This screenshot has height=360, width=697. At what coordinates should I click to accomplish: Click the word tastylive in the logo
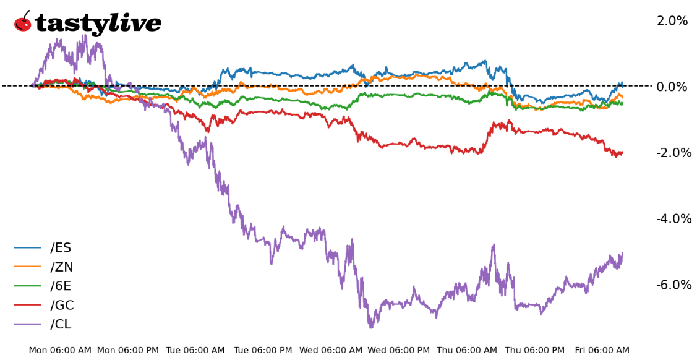click(98, 24)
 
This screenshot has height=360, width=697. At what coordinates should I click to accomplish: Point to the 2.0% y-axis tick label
click(672, 21)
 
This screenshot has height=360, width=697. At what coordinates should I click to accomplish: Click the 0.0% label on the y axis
click(672, 87)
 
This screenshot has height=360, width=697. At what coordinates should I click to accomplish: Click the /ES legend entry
click(61, 248)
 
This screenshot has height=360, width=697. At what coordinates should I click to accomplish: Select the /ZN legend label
click(61, 267)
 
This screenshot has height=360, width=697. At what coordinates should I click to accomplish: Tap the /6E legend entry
click(61, 286)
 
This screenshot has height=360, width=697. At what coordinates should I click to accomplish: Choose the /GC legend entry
click(62, 306)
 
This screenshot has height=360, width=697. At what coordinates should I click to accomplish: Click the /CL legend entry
click(61, 325)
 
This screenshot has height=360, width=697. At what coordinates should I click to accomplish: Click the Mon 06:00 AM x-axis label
click(60, 351)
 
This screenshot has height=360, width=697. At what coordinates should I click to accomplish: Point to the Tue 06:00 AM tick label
click(195, 351)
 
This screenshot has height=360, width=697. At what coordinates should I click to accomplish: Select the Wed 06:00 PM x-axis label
click(399, 351)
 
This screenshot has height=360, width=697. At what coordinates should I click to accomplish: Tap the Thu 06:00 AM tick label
click(467, 351)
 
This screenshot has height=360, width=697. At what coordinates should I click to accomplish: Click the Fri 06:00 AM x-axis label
click(602, 351)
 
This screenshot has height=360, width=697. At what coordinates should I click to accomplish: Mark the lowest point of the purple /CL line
click(370, 327)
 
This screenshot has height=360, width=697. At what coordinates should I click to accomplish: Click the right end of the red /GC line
click(622, 153)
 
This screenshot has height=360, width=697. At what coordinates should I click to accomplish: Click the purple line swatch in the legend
click(27, 325)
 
